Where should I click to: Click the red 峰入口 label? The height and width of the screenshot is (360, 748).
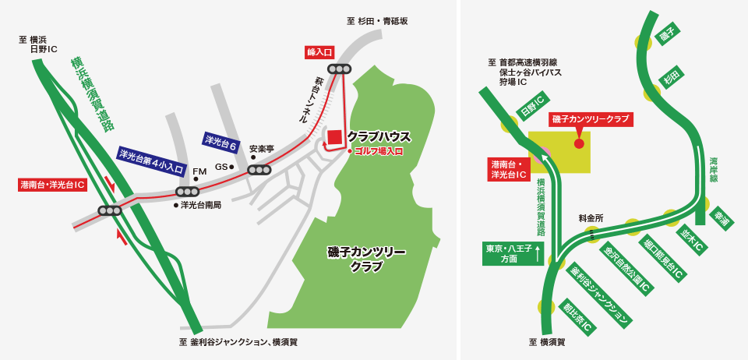[319, 52]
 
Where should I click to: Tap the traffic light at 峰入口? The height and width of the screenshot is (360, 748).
[339, 69]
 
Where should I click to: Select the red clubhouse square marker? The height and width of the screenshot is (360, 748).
[334, 137]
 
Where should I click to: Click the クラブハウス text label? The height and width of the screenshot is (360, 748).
[379, 136]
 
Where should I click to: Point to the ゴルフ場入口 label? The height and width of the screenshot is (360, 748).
[379, 151]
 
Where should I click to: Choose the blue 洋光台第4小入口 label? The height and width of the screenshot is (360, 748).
[151, 161]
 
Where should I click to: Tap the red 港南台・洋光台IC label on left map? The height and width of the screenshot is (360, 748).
[53, 185]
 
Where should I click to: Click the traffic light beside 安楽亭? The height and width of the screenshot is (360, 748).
[259, 170]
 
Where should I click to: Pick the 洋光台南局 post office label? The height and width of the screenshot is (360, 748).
[201, 205]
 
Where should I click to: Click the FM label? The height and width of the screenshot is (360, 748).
[199, 171]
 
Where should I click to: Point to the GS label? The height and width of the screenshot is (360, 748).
[221, 166]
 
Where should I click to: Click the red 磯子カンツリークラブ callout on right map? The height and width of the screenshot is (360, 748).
[591, 119]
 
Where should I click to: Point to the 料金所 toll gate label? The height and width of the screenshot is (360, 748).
[591, 218]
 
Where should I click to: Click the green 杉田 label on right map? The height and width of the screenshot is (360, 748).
[672, 78]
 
